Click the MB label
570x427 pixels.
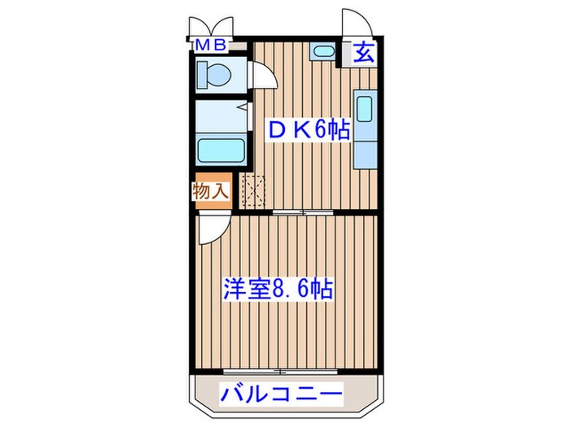click(214, 46)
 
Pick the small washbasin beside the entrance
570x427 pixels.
click(322, 53)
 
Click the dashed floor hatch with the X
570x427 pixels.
click(255, 192)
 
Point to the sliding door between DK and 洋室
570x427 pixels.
click(303, 211)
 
